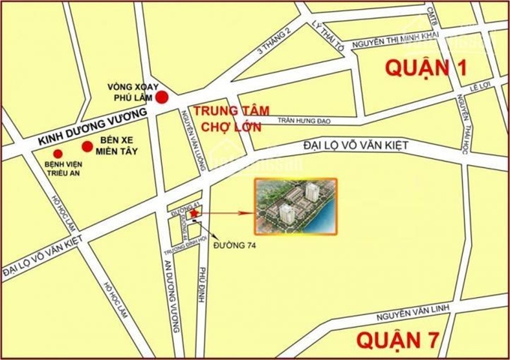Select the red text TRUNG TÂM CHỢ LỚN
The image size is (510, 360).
click(225, 118)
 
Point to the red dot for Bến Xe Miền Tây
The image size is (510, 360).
click(88, 146)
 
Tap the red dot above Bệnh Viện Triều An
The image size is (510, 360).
click(58, 153)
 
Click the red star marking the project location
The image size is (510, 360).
click(195, 214)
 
